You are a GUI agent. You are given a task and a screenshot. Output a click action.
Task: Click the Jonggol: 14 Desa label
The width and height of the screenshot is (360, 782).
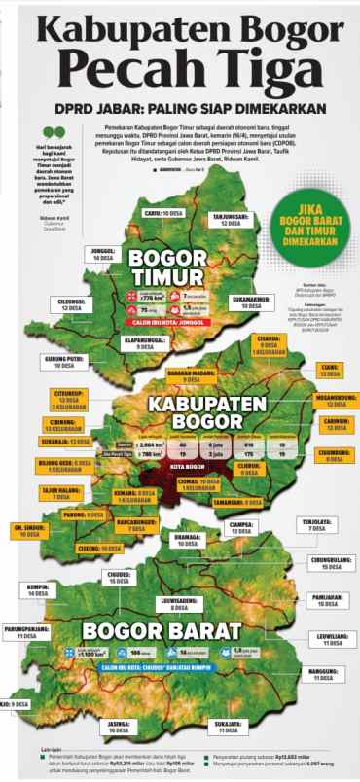point(103,254)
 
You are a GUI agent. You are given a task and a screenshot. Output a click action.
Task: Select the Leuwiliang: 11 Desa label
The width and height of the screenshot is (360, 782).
point(332,639)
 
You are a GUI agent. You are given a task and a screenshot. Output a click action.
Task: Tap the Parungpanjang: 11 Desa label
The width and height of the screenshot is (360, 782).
point(26,633)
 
